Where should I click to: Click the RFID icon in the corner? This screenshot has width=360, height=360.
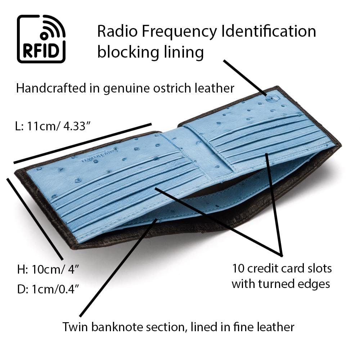(x=41, y=39)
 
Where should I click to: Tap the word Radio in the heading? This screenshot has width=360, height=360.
(x=117, y=31)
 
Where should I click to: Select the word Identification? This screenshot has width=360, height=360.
(x=269, y=31)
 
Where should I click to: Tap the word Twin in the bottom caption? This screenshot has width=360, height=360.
(x=75, y=327)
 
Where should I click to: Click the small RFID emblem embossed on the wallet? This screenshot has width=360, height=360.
(x=269, y=96)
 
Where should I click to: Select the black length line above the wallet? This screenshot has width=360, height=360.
(x=82, y=143)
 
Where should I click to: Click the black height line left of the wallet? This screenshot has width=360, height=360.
(x=35, y=219)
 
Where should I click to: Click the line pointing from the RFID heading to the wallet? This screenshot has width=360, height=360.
(x=245, y=77)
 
